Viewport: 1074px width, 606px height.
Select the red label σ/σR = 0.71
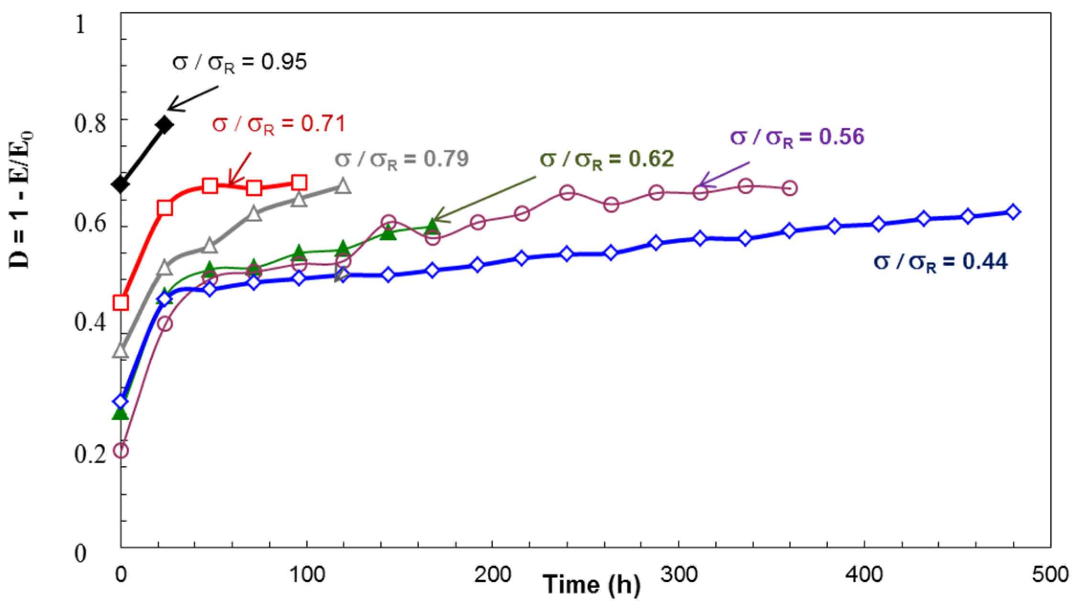click(279, 125)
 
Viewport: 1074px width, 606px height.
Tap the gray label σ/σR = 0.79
click(401, 159)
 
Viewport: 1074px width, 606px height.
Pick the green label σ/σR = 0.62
click(606, 159)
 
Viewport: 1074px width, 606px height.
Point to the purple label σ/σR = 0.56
click(797, 137)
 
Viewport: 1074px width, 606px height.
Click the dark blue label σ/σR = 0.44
click(940, 262)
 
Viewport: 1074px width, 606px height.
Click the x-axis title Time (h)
click(591, 584)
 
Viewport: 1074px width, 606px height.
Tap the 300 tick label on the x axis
click(678, 574)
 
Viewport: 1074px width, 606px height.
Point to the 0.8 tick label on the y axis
click(90, 123)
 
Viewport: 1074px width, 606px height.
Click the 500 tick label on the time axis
click(1050, 574)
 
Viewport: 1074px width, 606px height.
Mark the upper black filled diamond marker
click(165, 125)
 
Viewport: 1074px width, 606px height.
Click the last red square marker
click(299, 182)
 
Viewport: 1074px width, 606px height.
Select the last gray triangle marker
click(343, 186)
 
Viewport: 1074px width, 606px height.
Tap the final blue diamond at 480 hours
click(1013, 212)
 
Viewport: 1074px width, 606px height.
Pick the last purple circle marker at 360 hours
click(790, 188)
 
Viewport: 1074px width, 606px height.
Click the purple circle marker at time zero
click(121, 450)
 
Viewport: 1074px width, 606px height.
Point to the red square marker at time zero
click(121, 303)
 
